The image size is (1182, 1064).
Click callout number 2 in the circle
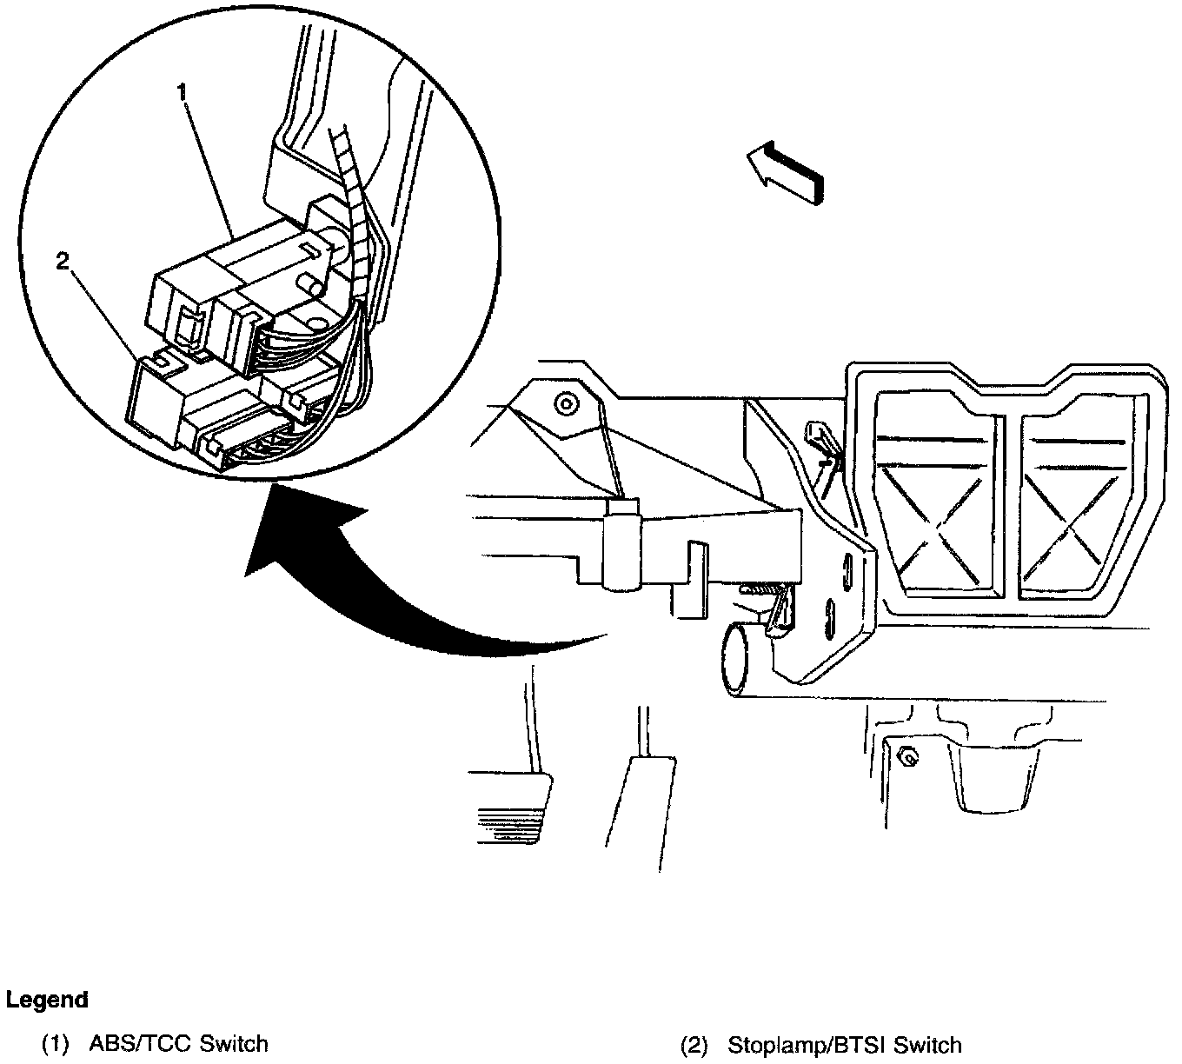tap(62, 262)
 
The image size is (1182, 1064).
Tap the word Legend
tap(47, 1000)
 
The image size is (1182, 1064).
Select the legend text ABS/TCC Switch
tap(178, 1043)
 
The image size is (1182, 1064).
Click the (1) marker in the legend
tap(56, 1043)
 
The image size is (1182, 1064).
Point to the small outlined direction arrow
tap(784, 174)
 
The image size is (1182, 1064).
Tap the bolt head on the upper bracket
tap(567, 403)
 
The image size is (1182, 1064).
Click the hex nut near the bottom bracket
tap(906, 757)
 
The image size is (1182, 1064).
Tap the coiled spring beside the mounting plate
tap(758, 590)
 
